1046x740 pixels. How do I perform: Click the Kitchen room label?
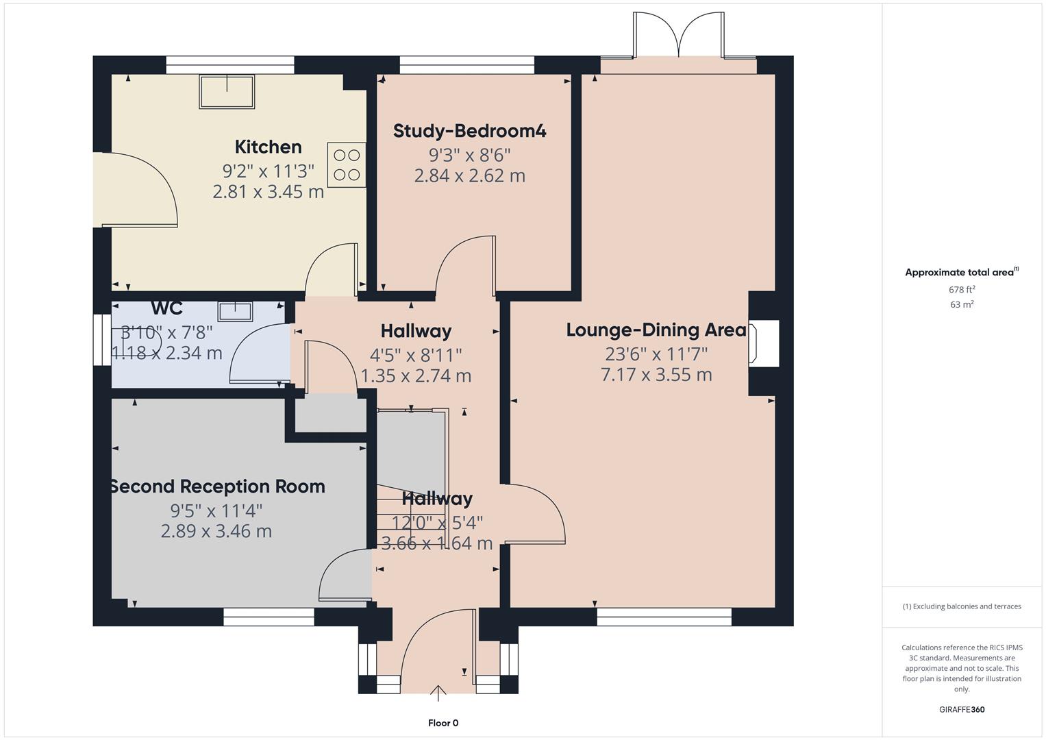coord(268,147)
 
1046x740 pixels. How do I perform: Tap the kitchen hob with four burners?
coord(347,164)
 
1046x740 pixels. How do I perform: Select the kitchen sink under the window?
coord(227,92)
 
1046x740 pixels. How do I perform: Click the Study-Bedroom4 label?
coord(469,131)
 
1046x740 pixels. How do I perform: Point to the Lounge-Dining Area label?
coord(656,330)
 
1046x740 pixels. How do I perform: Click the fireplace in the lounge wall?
coord(764,343)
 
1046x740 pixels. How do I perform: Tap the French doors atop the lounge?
coord(678,36)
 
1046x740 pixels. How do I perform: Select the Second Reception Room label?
coord(217,486)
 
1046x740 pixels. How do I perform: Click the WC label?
coord(166,308)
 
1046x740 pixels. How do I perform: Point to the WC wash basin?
coord(235,312)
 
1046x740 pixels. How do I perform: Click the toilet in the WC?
coord(140,341)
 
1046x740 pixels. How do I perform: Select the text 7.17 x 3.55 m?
coord(656,375)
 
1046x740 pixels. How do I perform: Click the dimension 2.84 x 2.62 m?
coord(469,176)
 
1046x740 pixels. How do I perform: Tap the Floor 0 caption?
coord(443,723)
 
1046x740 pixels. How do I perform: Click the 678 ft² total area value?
coord(962,290)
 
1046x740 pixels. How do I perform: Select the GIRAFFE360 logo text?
coord(962,710)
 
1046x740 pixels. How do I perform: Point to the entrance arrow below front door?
coord(438,693)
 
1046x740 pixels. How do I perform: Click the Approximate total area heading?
coord(960,273)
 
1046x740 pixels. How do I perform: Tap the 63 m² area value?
coord(962,305)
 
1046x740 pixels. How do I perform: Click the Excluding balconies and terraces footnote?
coord(962,606)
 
